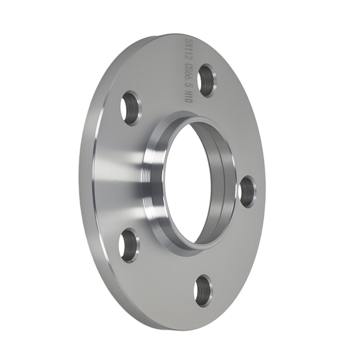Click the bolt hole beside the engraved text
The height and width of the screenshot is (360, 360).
tap(208, 80)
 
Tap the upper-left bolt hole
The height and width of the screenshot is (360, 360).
tap(130, 108)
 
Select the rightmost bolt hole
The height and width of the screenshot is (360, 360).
tap(248, 192)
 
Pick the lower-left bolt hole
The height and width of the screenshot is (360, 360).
tap(129, 245)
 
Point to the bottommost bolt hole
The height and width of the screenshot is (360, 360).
tap(203, 291)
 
